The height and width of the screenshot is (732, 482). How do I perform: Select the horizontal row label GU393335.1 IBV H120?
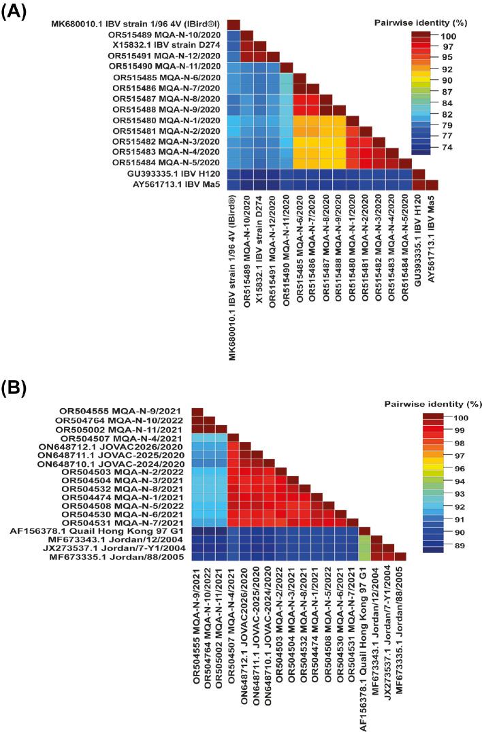[x=171, y=173]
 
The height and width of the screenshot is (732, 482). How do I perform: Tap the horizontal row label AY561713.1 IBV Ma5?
[x=172, y=184]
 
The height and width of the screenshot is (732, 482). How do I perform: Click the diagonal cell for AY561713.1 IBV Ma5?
[x=432, y=184]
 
